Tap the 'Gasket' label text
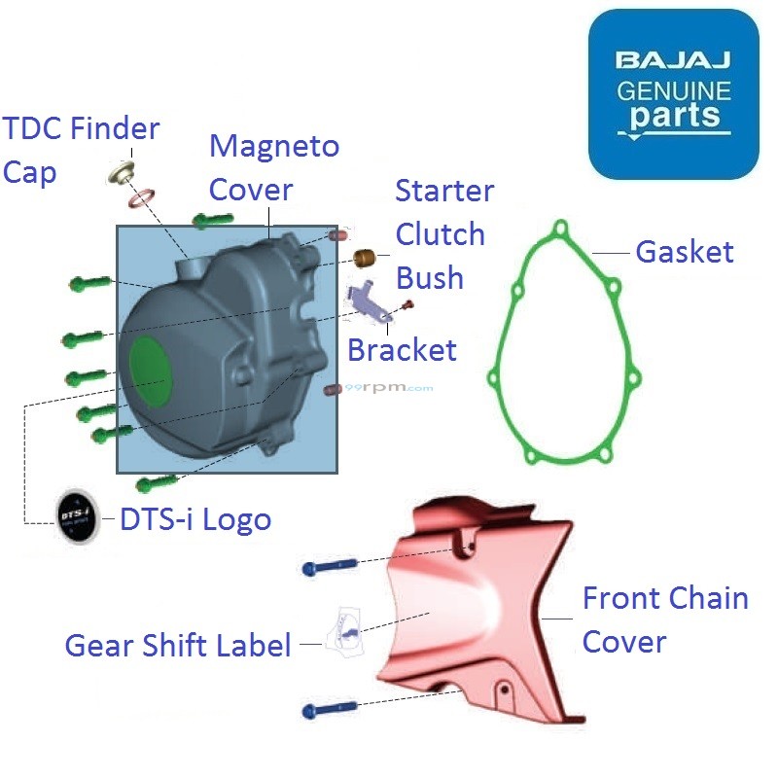pos(684,252)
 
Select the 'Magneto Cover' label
pos(274,167)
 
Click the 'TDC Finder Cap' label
pos(81,150)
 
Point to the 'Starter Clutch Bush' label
pos(443,234)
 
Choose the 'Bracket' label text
pos(402,349)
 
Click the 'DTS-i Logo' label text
pos(194,520)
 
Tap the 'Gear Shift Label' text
pos(178,645)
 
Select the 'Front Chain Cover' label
pos(665,619)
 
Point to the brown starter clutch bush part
pos(365,260)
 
